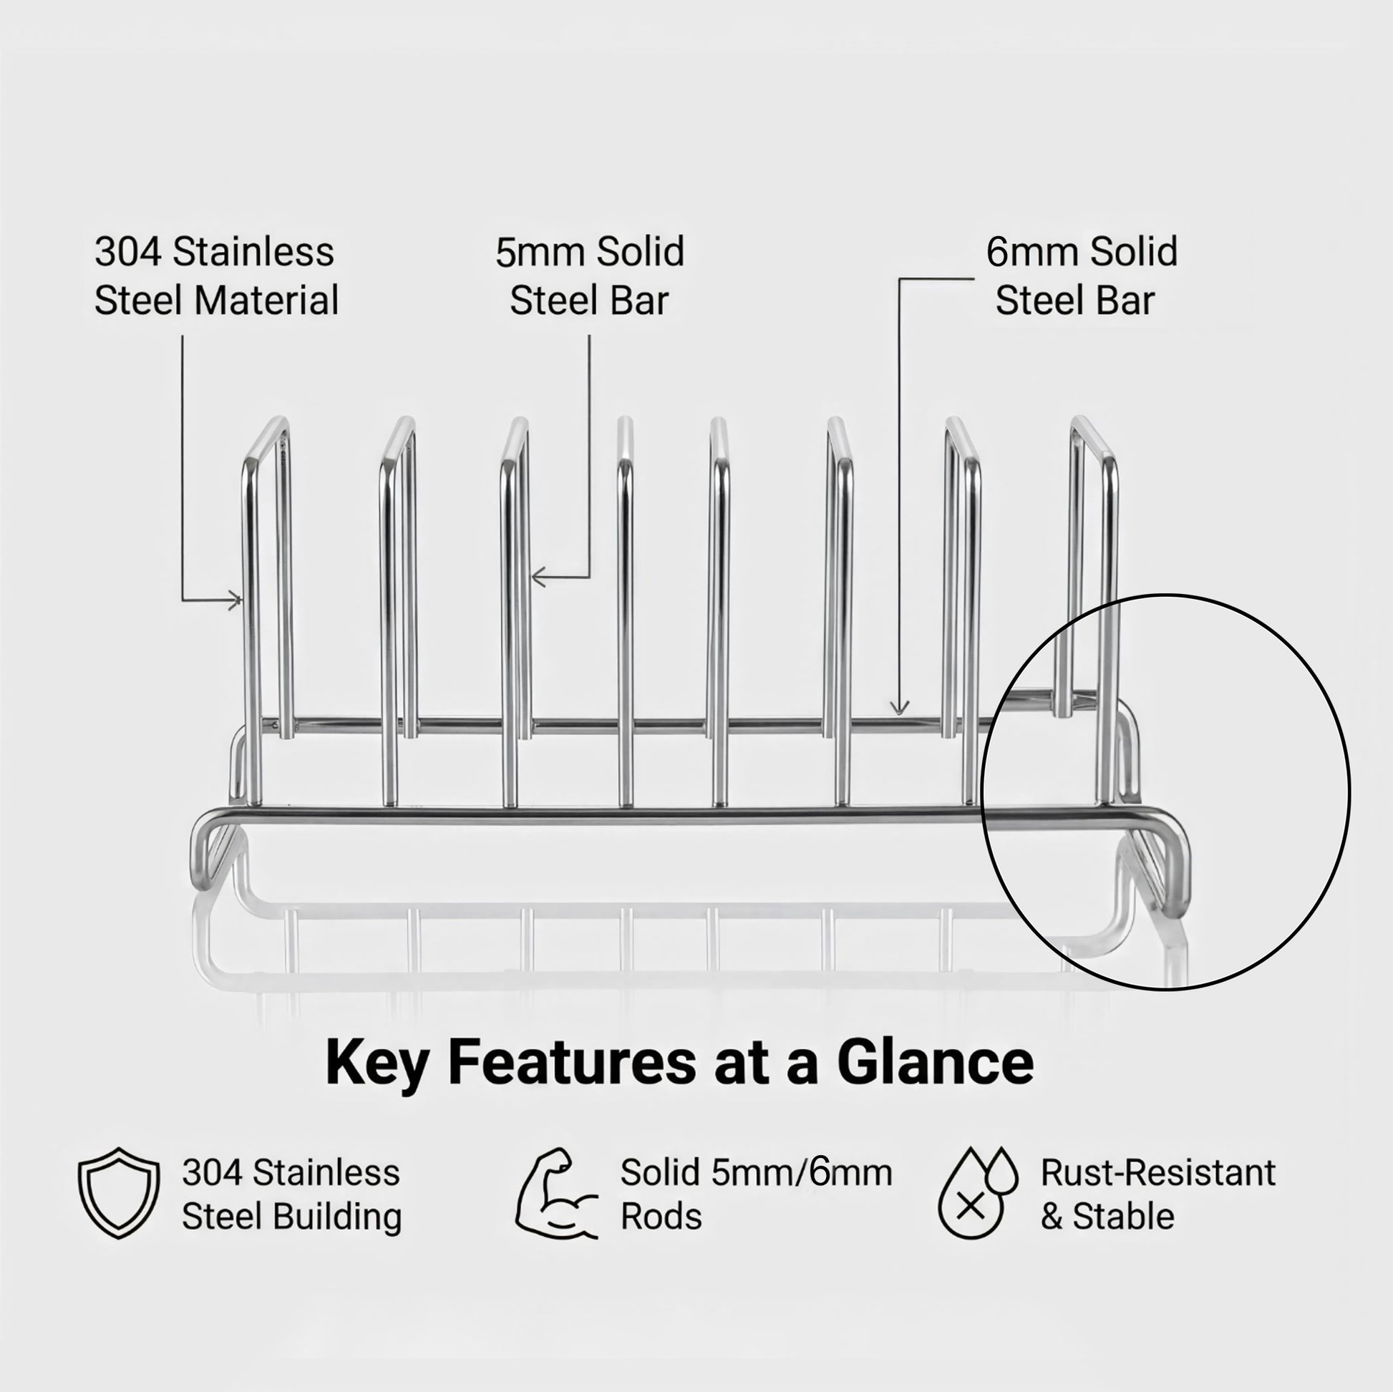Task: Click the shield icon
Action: point(118,1193)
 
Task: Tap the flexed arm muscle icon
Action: point(555,1193)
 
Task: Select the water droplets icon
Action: point(977,1193)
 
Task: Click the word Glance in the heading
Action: point(935,1062)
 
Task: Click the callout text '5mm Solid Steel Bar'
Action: point(589,276)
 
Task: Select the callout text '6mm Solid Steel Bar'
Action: point(1082,276)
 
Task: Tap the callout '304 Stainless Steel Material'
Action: point(215,276)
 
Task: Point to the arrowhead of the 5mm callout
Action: point(536,577)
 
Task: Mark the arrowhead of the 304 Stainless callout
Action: point(237,600)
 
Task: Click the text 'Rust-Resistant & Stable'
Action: point(1157,1194)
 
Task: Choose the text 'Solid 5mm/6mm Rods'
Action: point(756,1194)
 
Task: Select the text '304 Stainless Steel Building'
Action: point(291,1194)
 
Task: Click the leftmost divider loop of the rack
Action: point(267,577)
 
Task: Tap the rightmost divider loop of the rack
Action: point(1094,577)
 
